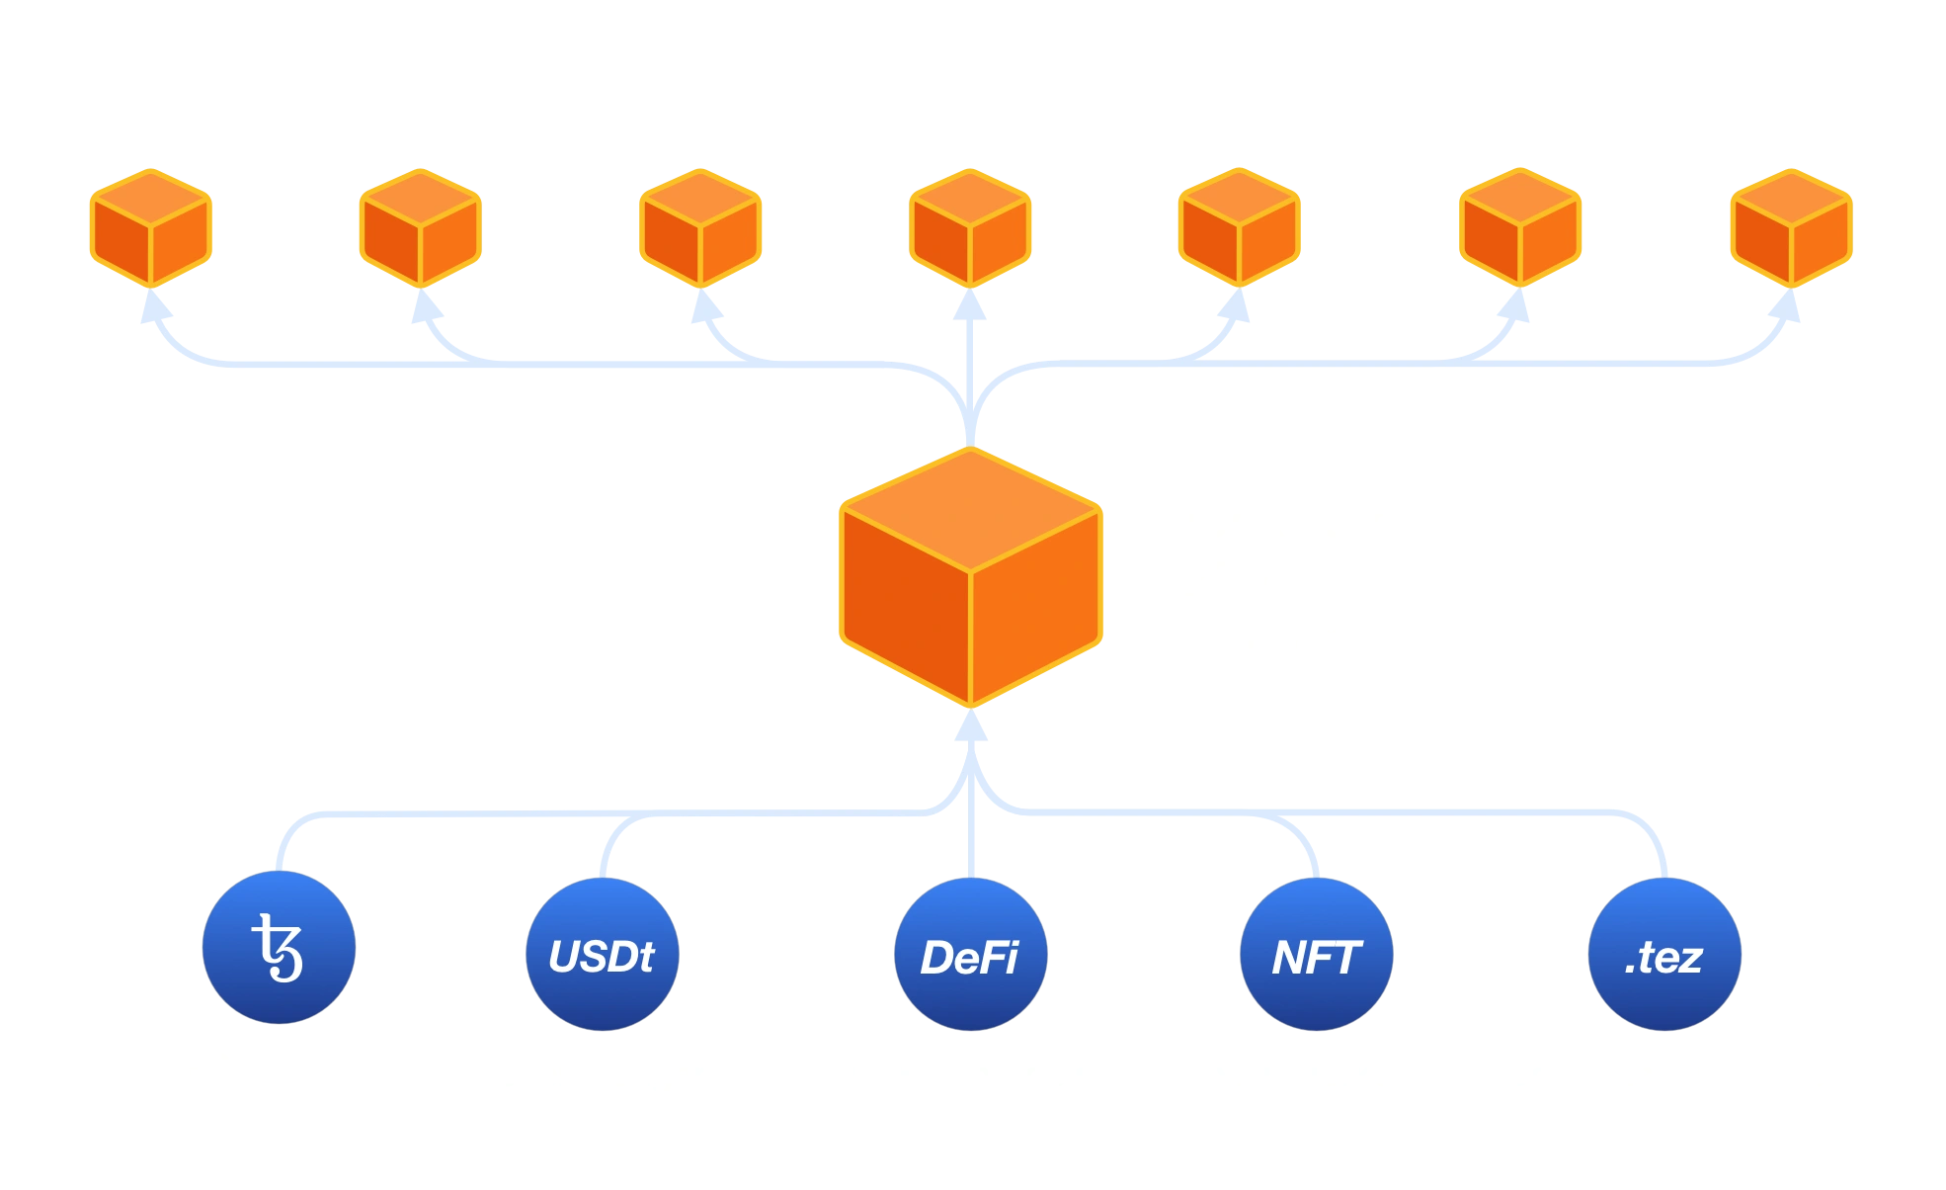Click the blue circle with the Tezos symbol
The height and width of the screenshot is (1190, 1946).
click(x=279, y=947)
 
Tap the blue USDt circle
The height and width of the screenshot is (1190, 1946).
click(x=602, y=955)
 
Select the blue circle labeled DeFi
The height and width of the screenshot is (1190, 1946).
click(x=969, y=955)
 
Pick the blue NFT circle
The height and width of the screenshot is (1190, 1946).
click(x=1316, y=955)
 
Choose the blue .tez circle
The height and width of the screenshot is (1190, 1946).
click(x=1664, y=955)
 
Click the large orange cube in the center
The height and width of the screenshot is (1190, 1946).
click(x=970, y=578)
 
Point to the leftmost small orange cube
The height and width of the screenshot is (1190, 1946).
click(x=150, y=227)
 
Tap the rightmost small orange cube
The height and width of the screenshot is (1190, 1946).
click(x=1791, y=227)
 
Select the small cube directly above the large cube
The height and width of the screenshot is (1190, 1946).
click(x=970, y=227)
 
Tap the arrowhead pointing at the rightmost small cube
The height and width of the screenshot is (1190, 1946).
click(x=1786, y=308)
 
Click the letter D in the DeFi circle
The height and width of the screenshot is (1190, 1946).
click(x=936, y=957)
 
